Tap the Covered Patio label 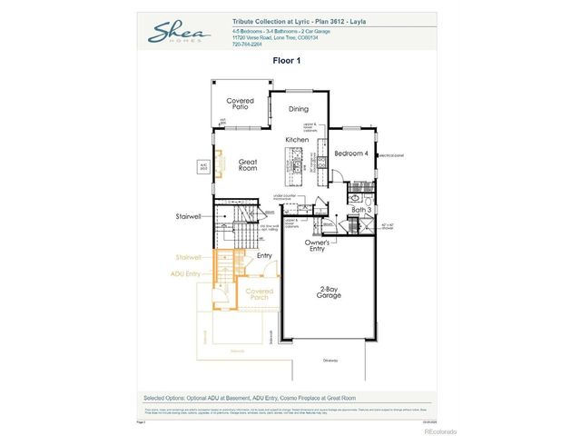[x=241, y=104]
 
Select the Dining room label [x=299, y=109]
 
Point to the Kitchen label [x=298, y=139]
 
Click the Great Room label [x=248, y=165]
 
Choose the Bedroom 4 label [x=351, y=154]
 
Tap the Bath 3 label [x=362, y=210]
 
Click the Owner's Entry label [x=316, y=245]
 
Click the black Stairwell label [x=188, y=217]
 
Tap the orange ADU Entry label [x=187, y=272]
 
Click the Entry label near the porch [x=264, y=255]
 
